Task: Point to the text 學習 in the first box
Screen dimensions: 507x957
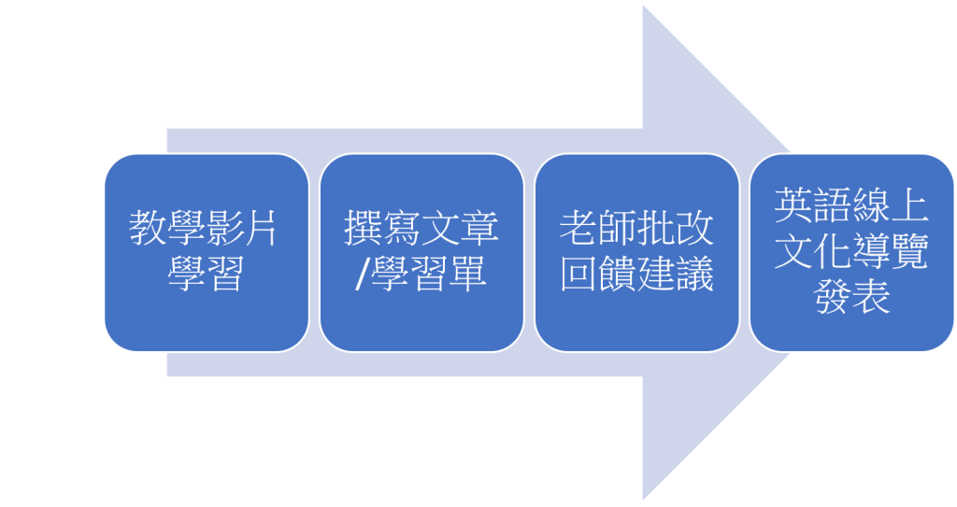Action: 205,275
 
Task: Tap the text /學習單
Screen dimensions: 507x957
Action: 421,275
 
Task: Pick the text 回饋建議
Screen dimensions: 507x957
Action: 636,275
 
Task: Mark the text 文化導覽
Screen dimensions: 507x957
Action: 851,252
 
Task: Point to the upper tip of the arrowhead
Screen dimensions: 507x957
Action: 645,8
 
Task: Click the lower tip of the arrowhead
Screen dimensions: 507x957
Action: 645,497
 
